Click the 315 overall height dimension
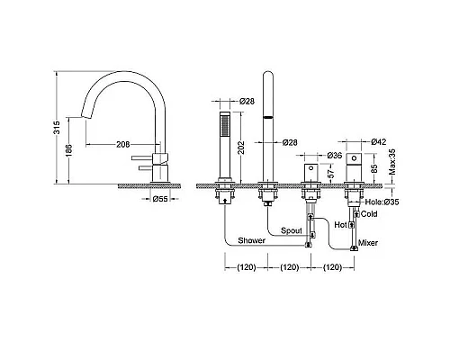pos(57,127)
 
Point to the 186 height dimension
pos(68,150)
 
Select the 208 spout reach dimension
pos(123,144)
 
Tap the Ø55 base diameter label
pos(160,199)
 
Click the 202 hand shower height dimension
pos(241,148)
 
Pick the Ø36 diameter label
pos(335,155)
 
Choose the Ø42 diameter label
pos(379,141)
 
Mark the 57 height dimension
pos(331,174)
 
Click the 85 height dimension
pos(373,168)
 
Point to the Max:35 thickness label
pos(392,162)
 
